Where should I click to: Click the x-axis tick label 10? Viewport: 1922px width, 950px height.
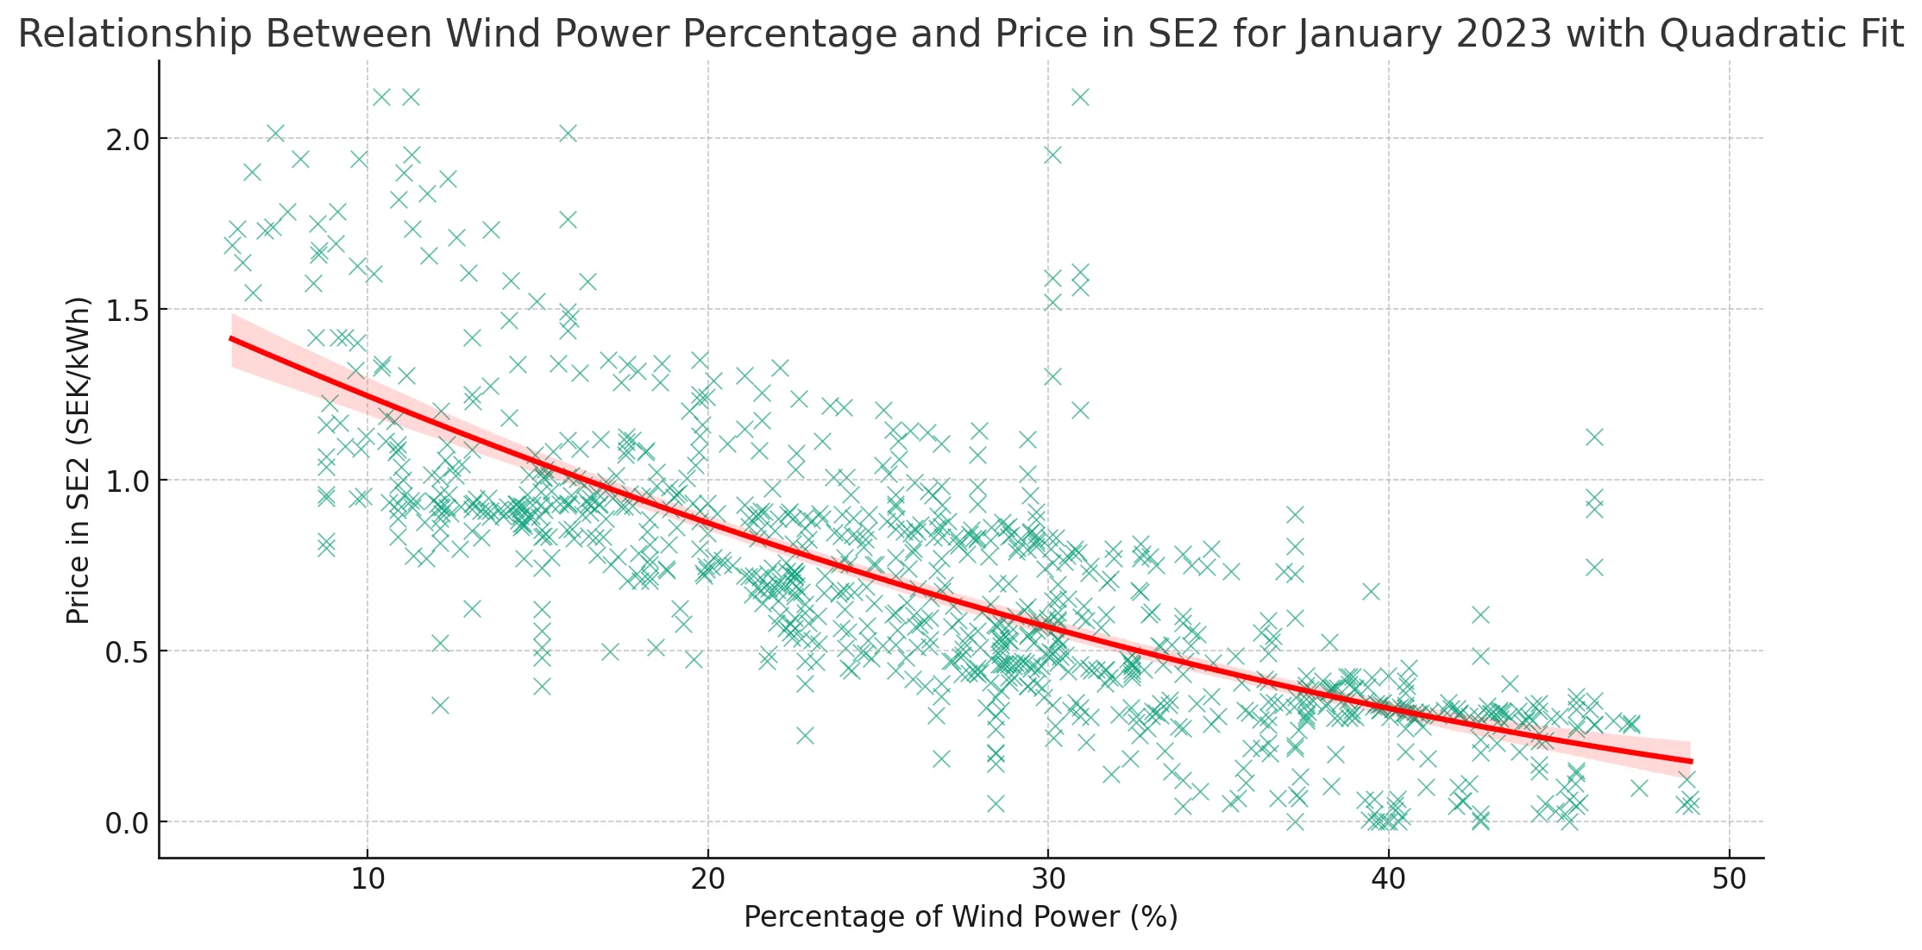pyautogui.click(x=367, y=880)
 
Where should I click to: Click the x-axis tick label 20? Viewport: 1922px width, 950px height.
pyautogui.click(x=707, y=880)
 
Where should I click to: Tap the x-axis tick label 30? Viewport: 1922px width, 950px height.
pyautogui.click(x=1048, y=880)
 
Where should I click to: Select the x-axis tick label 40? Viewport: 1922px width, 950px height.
pyautogui.click(x=1388, y=880)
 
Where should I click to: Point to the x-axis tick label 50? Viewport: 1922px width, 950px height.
pyautogui.click(x=1729, y=880)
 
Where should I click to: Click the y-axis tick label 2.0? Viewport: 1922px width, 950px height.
pyautogui.click(x=128, y=140)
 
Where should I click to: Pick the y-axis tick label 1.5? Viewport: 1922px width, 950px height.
pyautogui.click(x=128, y=311)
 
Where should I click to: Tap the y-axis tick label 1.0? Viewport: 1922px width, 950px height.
pyautogui.click(x=128, y=481)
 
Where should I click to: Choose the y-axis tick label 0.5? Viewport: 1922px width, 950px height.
pyautogui.click(x=128, y=652)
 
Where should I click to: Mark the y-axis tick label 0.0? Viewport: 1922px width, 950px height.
pyautogui.click(x=128, y=823)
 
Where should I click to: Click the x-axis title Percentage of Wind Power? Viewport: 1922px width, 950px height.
pyautogui.click(x=960, y=917)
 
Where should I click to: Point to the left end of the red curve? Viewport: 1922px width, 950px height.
pyautogui.click(x=231, y=339)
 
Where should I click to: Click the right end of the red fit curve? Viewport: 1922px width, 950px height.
pyautogui.click(x=1692, y=762)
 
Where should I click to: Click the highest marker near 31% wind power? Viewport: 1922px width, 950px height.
pyautogui.click(x=1080, y=97)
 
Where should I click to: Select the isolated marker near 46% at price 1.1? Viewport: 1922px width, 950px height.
pyautogui.click(x=1594, y=437)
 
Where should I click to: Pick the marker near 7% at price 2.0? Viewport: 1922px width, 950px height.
pyautogui.click(x=275, y=133)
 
